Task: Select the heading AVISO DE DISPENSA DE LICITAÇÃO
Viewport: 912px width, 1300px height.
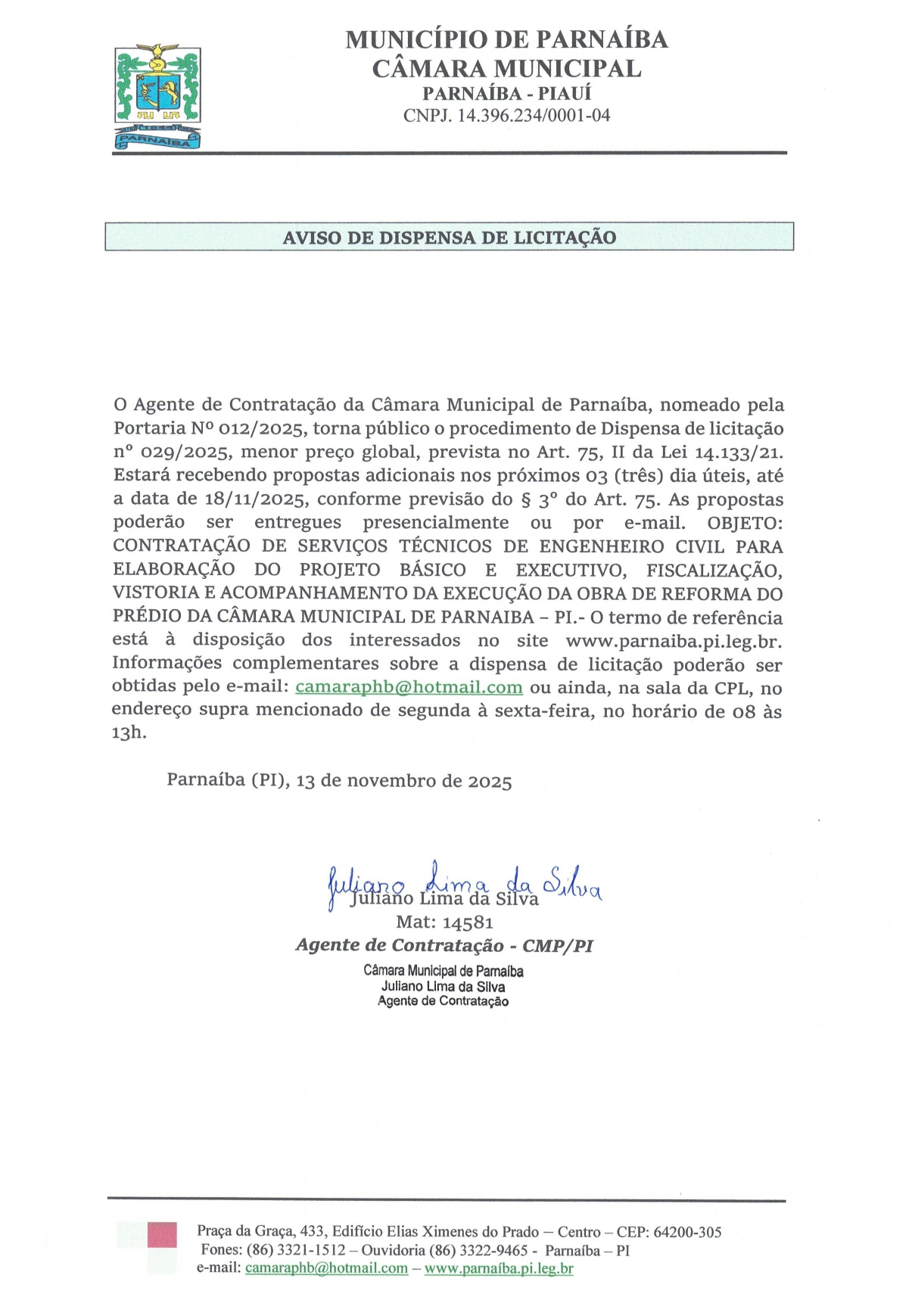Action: (450, 238)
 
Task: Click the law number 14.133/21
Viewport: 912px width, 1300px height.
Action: (739, 453)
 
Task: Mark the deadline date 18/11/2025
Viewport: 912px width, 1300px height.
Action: (255, 499)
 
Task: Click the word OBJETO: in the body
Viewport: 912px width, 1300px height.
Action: (745, 523)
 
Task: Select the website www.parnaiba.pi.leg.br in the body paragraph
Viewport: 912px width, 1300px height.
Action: (674, 641)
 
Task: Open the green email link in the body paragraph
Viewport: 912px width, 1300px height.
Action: (409, 688)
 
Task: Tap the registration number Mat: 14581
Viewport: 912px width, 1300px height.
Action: (444, 922)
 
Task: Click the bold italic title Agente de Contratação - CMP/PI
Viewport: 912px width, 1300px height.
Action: (444, 946)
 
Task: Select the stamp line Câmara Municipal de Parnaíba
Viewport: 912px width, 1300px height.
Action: (443, 971)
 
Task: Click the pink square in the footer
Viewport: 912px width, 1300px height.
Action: (162, 1235)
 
